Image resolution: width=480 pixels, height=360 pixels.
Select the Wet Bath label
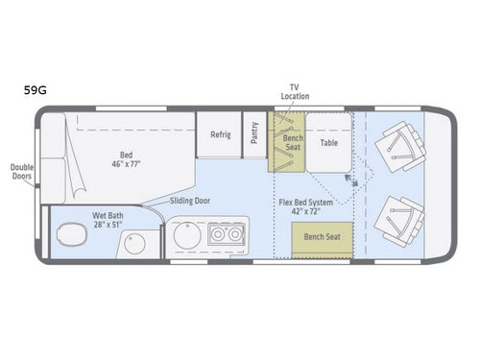tap(111, 221)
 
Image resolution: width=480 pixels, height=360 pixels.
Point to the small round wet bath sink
tap(135, 242)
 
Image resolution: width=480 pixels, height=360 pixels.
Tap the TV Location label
tap(295, 91)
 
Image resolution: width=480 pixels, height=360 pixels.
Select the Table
tap(329, 143)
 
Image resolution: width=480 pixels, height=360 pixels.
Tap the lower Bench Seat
tap(321, 236)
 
